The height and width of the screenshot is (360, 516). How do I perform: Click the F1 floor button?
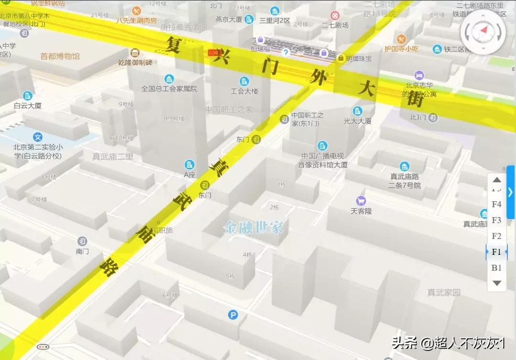point(496,251)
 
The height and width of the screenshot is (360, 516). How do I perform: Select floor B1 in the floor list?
point(496,267)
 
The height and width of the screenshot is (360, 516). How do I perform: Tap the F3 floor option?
point(496,220)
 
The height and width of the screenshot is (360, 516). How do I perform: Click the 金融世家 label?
point(254,228)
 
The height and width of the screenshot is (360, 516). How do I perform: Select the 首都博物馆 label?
point(60,56)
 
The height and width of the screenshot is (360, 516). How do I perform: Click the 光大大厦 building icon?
point(357,111)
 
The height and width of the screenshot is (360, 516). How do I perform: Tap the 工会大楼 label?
point(244,91)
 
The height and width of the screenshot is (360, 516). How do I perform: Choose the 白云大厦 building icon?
point(28,95)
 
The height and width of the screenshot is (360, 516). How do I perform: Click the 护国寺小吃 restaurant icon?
point(401,39)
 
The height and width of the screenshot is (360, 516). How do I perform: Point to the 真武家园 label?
point(444,292)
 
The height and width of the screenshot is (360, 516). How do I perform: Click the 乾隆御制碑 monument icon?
point(135,53)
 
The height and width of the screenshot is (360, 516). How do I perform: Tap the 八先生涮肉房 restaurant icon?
point(137,11)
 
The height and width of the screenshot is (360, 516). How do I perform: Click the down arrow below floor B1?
point(496,283)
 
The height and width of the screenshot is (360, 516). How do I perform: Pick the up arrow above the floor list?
point(496,180)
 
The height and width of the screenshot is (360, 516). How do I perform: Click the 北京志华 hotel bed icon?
point(419,75)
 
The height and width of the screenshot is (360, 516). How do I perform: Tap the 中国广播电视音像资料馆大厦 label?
point(322,160)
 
